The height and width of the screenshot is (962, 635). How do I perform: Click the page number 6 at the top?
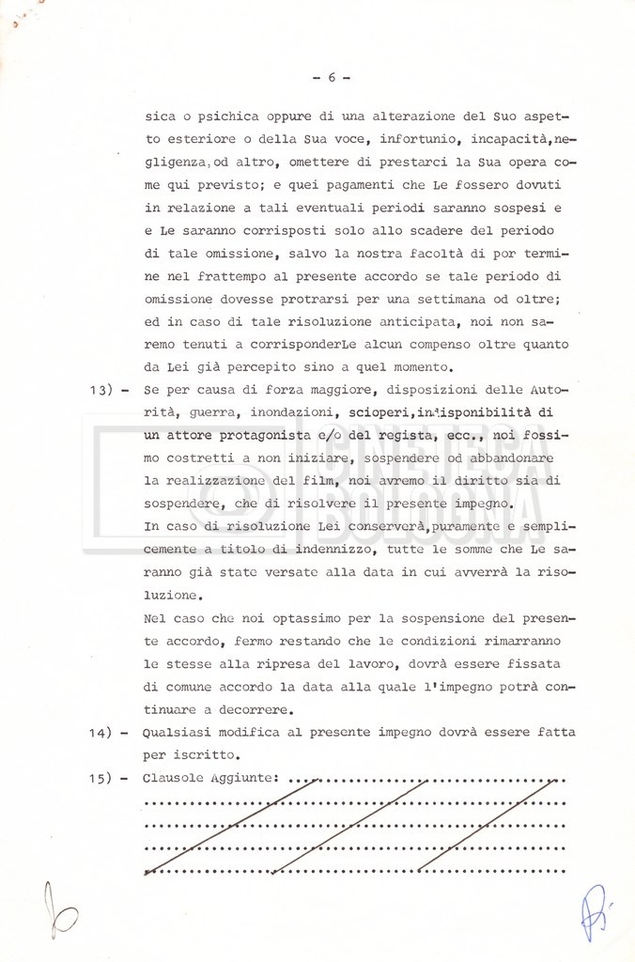pyautogui.click(x=332, y=78)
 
